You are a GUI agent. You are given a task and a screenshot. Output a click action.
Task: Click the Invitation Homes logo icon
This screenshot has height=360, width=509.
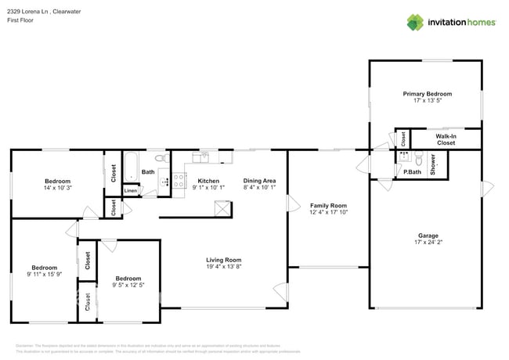point(416,22)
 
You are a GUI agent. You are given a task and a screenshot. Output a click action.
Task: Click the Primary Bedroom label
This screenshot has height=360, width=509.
point(427,94)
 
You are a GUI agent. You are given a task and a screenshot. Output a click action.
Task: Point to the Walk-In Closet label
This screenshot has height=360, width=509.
point(446,139)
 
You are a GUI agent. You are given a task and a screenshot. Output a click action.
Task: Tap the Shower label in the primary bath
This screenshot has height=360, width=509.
point(432,167)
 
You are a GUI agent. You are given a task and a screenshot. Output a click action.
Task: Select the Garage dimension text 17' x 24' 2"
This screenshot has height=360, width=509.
point(428,241)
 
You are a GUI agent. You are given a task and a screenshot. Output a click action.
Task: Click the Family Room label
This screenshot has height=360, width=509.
point(328,205)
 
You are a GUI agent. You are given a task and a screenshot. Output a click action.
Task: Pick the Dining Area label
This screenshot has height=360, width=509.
point(259,180)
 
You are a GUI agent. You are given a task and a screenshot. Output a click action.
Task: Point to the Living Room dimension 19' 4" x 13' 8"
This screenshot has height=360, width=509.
point(223,267)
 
